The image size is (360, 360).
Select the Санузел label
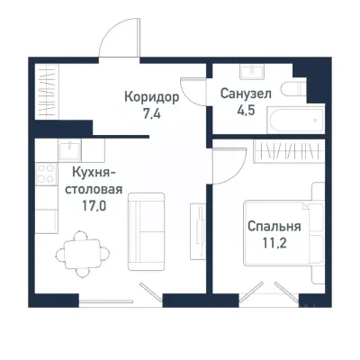click(x=247, y=94)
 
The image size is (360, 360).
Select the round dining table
click(x=83, y=254)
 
